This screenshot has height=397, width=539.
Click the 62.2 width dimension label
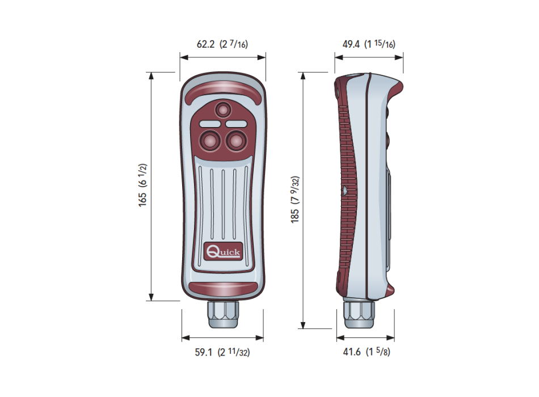222,44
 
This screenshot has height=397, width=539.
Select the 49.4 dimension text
369,44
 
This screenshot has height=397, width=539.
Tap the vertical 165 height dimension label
142,185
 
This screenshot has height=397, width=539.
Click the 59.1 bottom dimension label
222,352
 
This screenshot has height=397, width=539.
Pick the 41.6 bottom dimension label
368,352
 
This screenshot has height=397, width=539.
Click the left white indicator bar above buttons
209,123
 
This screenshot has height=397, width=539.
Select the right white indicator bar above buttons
235,123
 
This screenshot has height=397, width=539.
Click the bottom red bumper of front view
222,288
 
